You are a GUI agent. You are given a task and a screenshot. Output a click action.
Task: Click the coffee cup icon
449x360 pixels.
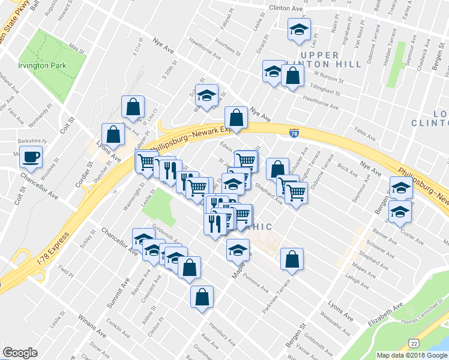click(x=30, y=158)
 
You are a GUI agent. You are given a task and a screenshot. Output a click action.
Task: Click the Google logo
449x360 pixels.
click(x=20, y=353)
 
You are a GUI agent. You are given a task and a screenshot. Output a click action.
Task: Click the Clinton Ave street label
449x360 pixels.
click(x=278, y=9)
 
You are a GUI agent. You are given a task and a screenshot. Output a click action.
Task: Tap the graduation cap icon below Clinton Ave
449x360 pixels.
click(x=298, y=29)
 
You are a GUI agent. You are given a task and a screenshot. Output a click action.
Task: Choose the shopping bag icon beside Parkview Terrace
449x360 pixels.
click(x=292, y=260)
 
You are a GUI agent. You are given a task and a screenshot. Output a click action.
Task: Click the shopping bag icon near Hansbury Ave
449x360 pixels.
click(x=202, y=296)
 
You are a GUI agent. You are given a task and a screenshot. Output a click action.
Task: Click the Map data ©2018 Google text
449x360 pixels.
click(x=411, y=355)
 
